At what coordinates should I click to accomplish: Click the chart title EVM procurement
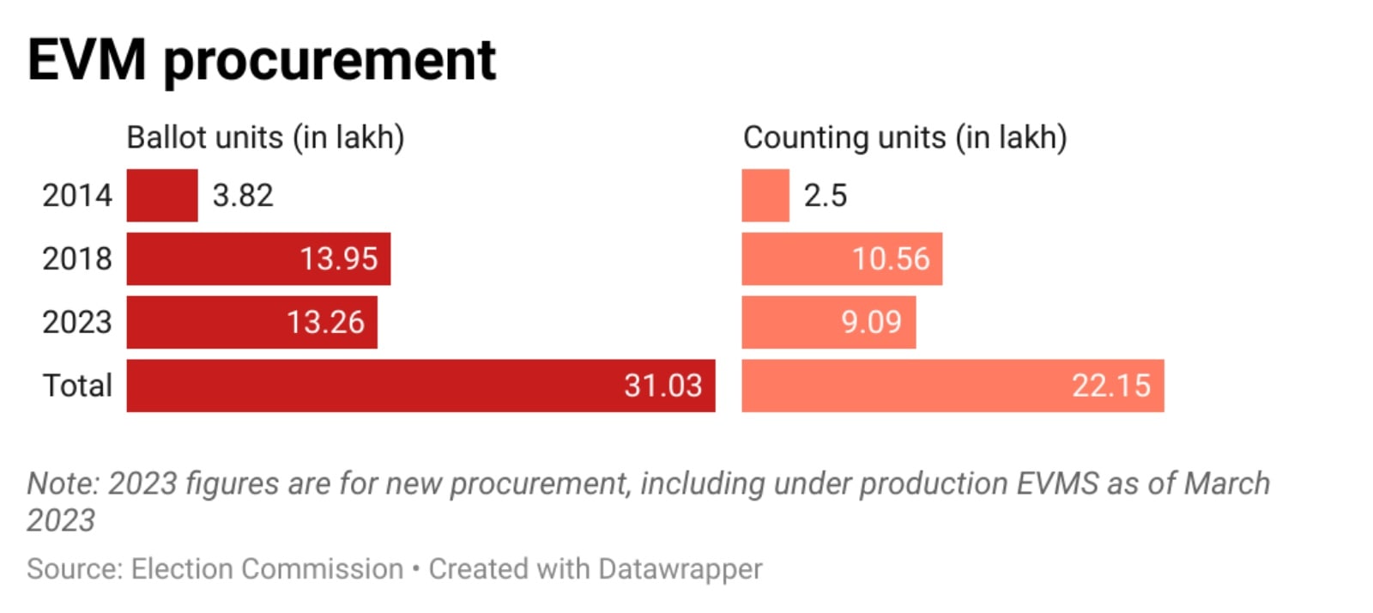(262, 60)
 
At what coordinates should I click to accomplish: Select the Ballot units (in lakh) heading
(265, 137)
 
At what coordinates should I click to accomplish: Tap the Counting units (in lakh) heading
(904, 137)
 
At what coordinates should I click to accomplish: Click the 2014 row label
(77, 196)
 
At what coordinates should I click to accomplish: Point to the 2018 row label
(77, 258)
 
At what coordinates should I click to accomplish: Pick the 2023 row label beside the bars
(77, 322)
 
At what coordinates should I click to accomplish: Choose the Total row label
(77, 385)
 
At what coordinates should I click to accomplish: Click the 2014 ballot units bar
(162, 196)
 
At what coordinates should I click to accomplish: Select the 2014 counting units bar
(765, 196)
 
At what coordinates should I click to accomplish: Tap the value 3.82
(243, 196)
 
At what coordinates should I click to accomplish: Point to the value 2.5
(826, 196)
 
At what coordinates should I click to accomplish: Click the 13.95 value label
(338, 258)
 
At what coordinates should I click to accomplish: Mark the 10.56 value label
(891, 258)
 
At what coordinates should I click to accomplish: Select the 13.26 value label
(325, 322)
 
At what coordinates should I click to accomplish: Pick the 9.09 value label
(871, 322)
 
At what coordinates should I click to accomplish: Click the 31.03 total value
(662, 385)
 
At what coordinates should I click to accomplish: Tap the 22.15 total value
(1110, 385)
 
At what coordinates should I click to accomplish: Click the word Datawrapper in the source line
(680, 569)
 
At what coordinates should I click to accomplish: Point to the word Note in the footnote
(60, 483)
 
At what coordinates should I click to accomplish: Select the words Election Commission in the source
(267, 569)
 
